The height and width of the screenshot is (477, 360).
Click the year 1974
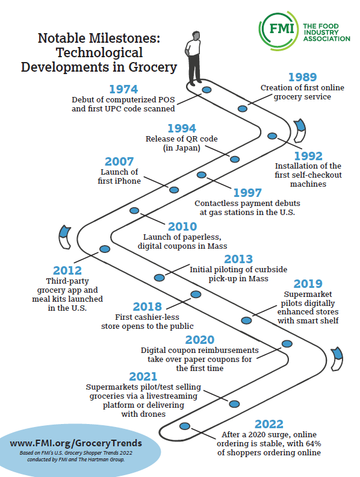coord(123,89)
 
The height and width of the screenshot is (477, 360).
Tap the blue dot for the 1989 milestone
coord(243,108)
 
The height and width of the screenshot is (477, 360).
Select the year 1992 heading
coord(308,156)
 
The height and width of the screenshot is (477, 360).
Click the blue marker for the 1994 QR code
coord(235,159)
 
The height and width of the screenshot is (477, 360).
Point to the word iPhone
coord(128,181)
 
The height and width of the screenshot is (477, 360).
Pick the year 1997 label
coord(247,193)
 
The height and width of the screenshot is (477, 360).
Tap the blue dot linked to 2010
coord(134,211)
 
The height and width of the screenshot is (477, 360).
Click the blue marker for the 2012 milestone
coord(105,249)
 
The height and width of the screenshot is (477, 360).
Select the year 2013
coord(238,259)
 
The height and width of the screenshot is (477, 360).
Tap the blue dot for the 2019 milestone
coord(247,320)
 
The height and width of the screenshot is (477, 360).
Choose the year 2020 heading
coord(200,340)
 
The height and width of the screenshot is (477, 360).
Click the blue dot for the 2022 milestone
coord(185,426)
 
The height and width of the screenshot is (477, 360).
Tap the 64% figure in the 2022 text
coord(313,443)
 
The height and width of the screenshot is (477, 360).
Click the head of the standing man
coord(196,36)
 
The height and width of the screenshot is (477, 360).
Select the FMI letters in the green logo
coord(282,29)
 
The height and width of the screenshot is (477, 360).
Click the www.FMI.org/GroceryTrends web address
coord(76,443)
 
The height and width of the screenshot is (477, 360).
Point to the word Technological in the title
coord(99,52)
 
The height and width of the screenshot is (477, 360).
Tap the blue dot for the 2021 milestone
coord(234,404)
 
